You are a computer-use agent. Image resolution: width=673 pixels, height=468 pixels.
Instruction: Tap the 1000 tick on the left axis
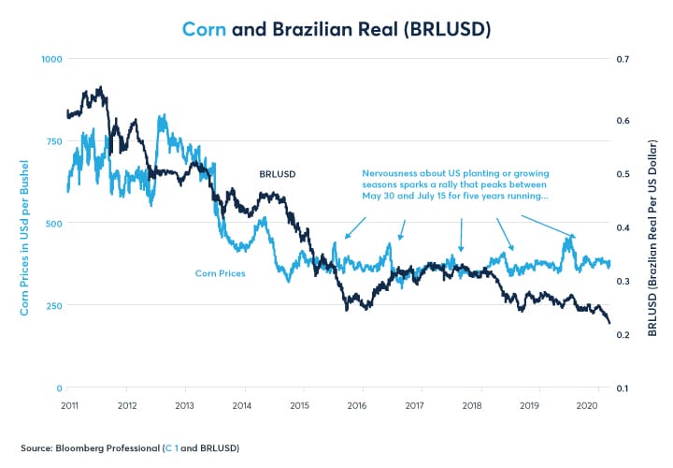pyautogui.click(x=49, y=59)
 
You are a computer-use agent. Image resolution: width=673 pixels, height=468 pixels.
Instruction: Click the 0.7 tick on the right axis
pyautogui.click(x=625, y=59)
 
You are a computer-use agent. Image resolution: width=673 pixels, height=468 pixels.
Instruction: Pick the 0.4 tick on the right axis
pyautogui.click(x=625, y=224)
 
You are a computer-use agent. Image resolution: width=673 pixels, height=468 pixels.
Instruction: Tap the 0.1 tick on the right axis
pyautogui.click(x=625, y=388)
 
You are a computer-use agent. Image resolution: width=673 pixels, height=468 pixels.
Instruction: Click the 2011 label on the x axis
pyautogui.click(x=70, y=406)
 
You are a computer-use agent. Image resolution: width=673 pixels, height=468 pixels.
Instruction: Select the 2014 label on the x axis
pyautogui.click(x=242, y=406)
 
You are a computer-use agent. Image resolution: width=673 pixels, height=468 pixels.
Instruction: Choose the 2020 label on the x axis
pyautogui.click(x=587, y=406)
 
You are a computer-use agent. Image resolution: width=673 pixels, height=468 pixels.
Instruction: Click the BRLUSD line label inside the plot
pyautogui.click(x=278, y=175)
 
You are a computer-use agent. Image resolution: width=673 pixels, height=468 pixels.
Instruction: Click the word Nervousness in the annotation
pyautogui.click(x=391, y=174)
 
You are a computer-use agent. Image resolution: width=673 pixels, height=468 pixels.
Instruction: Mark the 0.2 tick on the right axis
pyautogui.click(x=625, y=333)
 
